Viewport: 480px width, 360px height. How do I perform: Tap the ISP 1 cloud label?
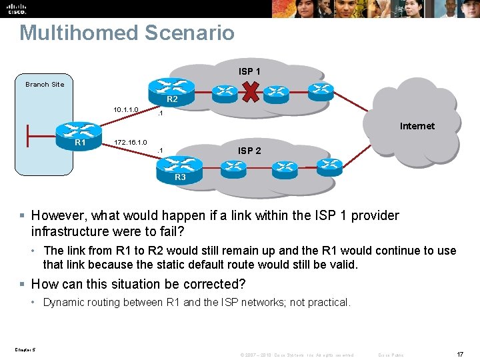(x=249, y=71)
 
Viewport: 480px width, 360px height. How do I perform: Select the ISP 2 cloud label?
(x=249, y=151)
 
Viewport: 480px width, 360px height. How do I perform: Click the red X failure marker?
(x=251, y=93)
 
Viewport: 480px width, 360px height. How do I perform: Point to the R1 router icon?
(x=79, y=134)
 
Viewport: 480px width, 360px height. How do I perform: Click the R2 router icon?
(x=171, y=90)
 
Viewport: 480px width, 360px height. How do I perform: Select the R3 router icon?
(x=179, y=168)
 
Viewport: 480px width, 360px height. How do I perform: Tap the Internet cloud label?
(x=417, y=125)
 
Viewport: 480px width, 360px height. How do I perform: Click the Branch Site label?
(x=45, y=85)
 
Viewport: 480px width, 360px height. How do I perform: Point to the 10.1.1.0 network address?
(x=125, y=109)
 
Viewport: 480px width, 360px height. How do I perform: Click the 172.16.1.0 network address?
(x=130, y=142)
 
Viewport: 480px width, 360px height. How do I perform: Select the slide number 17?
(x=460, y=355)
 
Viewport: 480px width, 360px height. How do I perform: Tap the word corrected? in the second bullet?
(x=213, y=284)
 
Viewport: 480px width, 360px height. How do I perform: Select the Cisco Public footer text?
(x=391, y=355)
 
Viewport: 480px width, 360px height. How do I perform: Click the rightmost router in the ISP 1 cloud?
(x=321, y=89)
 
